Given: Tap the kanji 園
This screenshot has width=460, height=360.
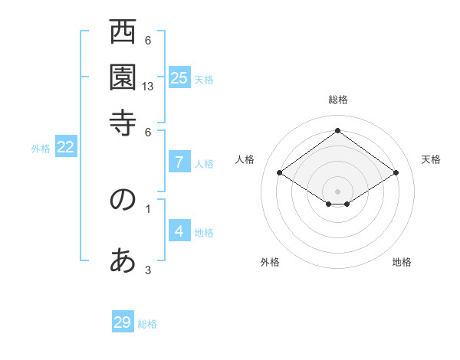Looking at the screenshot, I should tap(123, 77).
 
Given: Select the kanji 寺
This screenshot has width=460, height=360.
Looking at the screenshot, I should tap(123, 122).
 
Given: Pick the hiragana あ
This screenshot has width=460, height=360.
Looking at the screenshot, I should tap(123, 261).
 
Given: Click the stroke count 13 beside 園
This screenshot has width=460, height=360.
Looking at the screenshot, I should tap(149, 87).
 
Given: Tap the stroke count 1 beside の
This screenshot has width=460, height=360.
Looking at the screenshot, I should tap(148, 208).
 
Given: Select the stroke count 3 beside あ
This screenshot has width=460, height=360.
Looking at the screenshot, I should tap(148, 270).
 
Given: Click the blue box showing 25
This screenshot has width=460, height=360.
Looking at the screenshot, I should tap(179, 77).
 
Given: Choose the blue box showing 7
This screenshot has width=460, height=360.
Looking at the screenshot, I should tap(179, 162).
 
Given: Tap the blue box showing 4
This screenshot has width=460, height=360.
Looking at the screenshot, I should tap(179, 231).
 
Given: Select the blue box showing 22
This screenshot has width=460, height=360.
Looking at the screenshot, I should tap(65, 148).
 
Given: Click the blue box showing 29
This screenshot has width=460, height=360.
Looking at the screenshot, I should tap(123, 322).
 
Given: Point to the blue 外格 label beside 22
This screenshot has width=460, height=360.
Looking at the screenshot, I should tap(41, 149).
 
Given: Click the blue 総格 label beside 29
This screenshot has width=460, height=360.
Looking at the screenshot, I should tap(147, 324).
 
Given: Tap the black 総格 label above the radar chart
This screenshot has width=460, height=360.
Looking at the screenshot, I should tap(337, 100).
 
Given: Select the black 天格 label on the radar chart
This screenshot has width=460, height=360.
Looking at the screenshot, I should tap(431, 159).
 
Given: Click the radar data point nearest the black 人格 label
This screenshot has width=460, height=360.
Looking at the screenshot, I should tap(279, 173).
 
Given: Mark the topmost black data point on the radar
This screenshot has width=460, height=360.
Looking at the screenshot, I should tap(337, 130).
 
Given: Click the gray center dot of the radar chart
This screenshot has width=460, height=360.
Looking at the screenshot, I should tap(337, 191).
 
